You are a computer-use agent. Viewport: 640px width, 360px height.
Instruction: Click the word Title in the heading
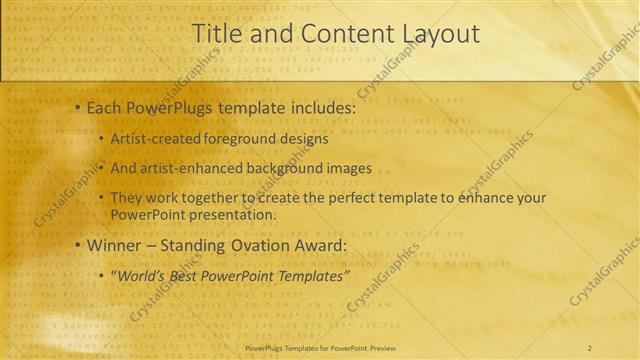click(x=216, y=34)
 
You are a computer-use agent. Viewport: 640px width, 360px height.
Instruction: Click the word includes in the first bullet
click(x=320, y=107)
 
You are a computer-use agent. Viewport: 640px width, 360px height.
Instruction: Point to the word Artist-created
click(x=156, y=139)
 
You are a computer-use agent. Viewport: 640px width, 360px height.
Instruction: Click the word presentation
click(x=232, y=214)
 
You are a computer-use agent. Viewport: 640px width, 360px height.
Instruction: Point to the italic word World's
click(x=142, y=275)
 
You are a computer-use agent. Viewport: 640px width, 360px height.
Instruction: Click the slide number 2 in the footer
click(x=590, y=347)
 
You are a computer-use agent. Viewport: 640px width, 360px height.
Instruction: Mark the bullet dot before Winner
click(x=77, y=245)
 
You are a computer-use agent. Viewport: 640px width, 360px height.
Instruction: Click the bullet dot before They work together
click(x=101, y=198)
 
